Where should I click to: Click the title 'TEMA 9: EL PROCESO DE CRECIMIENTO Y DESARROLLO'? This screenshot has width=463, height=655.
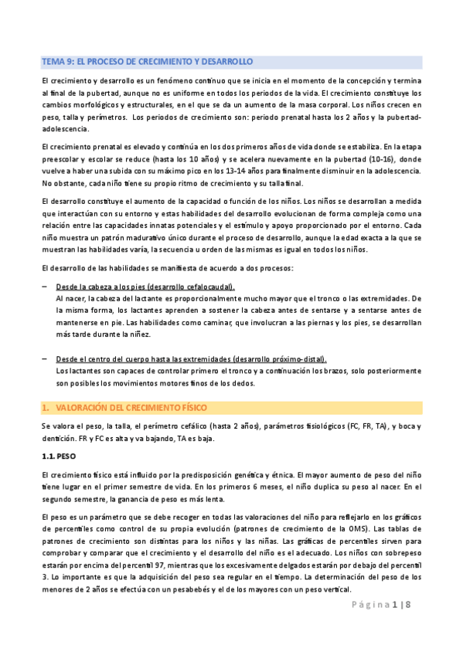(x=147, y=61)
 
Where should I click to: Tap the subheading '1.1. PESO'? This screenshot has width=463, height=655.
(x=59, y=456)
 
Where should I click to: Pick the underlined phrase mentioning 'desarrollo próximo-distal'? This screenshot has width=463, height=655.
(x=192, y=359)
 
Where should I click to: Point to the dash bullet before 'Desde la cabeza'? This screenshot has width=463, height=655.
(x=46, y=287)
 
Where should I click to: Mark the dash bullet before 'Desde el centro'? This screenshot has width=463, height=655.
(x=46, y=359)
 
